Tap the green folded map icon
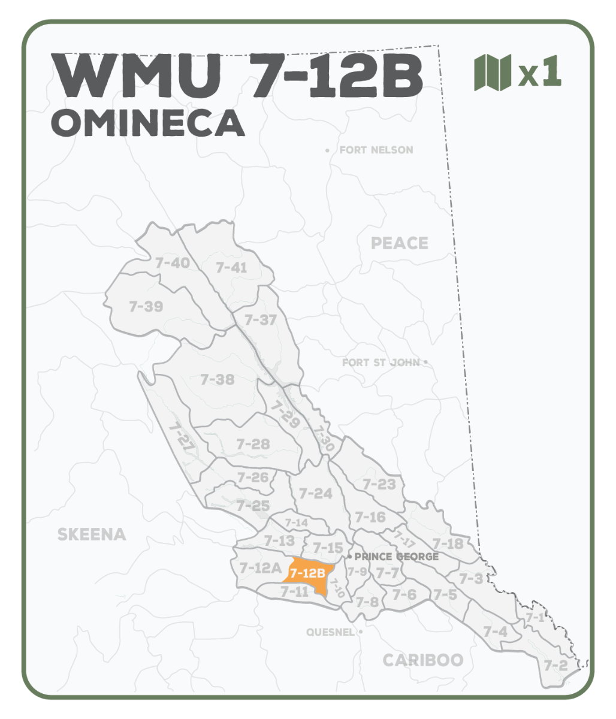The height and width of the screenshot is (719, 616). point(492,72)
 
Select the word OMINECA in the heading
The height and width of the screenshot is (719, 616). point(148,123)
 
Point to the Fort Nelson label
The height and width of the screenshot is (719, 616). point(376,150)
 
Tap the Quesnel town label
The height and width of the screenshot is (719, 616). point(331,632)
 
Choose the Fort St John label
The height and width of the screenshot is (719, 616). point(381,362)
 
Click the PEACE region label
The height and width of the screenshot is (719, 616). point(400,243)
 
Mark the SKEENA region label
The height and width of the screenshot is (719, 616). point(92,534)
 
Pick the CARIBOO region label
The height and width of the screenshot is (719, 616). point(423,660)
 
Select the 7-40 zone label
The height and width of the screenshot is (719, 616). point(172,262)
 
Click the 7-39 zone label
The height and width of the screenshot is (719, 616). point(146,307)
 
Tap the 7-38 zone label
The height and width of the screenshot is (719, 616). point(217,379)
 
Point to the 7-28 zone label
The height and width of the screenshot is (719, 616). point(253,444)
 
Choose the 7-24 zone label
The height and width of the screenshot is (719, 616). point(315,493)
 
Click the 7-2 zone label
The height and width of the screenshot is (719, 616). point(555,665)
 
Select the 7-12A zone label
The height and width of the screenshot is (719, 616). point(261,567)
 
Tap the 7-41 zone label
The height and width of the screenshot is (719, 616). point(231,267)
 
